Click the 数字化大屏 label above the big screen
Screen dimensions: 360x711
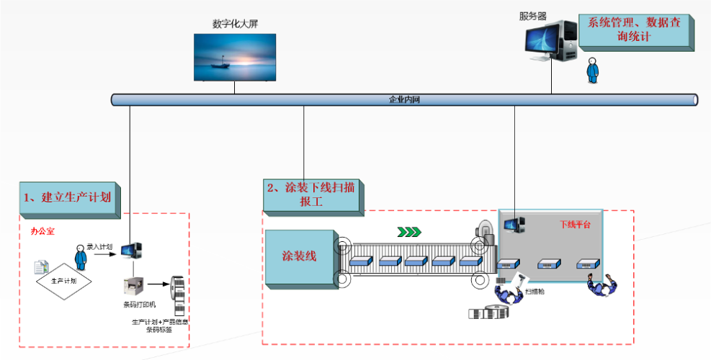coord(235,24)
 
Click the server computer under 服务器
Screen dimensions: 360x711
coord(550,40)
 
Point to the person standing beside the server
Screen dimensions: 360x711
coord(592,71)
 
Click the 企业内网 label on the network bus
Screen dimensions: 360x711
coord(404,99)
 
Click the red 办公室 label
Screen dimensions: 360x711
coord(43,232)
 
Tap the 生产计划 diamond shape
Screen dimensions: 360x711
coord(64,279)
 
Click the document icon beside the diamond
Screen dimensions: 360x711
coord(42,267)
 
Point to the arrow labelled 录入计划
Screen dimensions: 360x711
coord(105,253)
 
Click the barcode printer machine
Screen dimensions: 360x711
coord(134,287)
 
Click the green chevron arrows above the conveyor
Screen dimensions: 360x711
coord(409,232)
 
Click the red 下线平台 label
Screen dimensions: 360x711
coord(575,225)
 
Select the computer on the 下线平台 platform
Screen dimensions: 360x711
coord(514,225)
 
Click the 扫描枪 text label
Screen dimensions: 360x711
coord(535,292)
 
